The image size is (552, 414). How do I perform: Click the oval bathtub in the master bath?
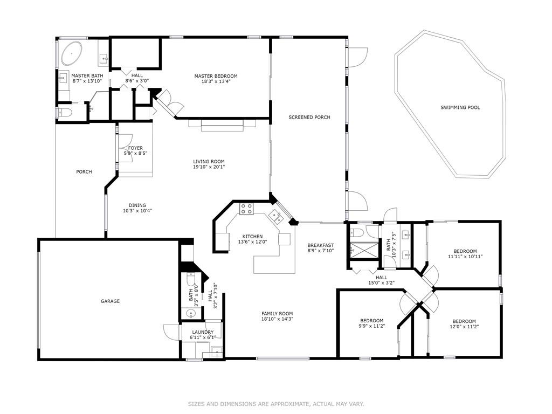[72, 53]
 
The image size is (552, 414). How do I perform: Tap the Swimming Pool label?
[460, 107]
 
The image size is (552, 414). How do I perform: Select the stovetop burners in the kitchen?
[246, 209]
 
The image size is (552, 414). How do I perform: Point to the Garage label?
[110, 301]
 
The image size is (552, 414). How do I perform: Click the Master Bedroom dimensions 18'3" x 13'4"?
[216, 81]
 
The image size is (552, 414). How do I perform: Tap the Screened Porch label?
[309, 117]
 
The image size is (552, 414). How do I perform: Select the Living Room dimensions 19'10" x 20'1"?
[209, 167]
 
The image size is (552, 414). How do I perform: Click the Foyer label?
[135, 148]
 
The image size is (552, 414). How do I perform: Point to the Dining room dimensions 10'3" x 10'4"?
[137, 211]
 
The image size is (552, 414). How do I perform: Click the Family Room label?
[277, 313]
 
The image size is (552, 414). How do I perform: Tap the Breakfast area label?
[320, 245]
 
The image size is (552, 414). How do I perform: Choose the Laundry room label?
[203, 332]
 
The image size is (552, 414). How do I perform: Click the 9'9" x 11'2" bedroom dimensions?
[372, 326]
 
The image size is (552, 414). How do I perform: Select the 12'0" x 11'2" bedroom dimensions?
[464, 326]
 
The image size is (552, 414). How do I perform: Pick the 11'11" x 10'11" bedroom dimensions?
[465, 256]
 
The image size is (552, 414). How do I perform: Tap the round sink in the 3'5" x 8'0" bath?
[191, 313]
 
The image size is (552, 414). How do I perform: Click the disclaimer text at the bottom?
[276, 404]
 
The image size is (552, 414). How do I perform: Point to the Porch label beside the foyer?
[84, 172]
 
